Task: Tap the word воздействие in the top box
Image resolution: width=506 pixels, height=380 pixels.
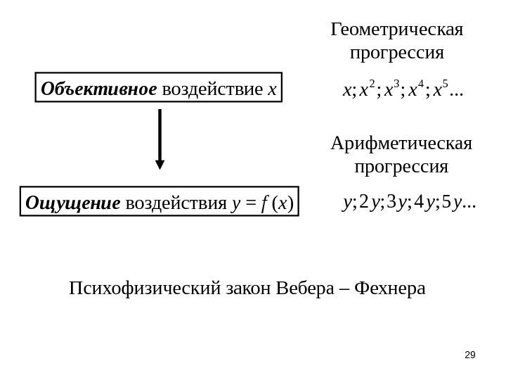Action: (213, 89)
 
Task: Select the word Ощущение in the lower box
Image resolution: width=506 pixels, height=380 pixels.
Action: (72, 204)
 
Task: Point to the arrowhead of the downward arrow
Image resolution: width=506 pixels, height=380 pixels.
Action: (160, 165)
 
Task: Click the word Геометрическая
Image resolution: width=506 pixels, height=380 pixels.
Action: (397, 30)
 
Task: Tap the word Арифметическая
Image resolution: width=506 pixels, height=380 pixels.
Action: (401, 145)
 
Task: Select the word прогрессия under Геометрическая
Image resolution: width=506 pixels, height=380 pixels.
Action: (397, 53)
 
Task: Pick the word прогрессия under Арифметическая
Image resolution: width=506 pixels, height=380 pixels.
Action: (401, 168)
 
